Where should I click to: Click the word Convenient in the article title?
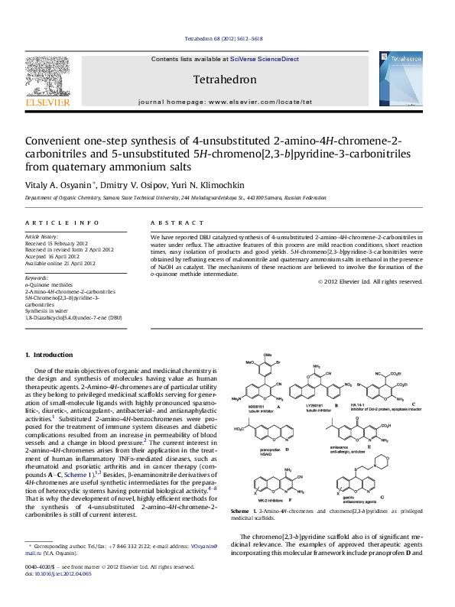point(54,142)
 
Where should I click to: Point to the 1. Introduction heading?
point(49,355)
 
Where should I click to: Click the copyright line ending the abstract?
point(369,281)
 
